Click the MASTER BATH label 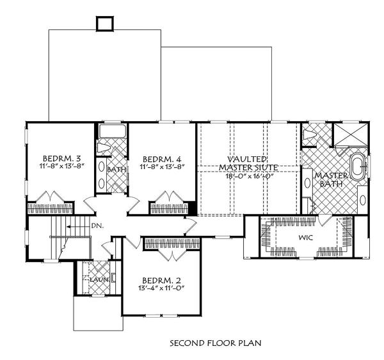(331, 179)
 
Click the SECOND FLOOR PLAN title (216, 343)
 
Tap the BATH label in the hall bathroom (116, 170)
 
